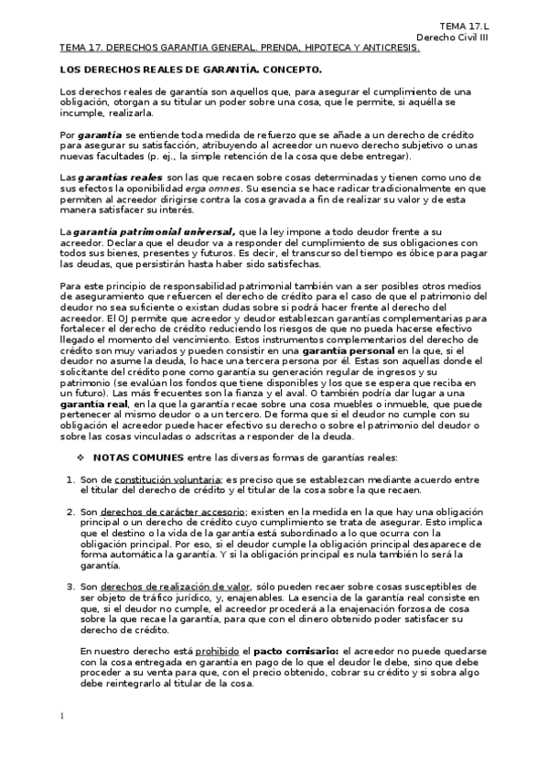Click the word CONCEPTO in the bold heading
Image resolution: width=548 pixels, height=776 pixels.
292,69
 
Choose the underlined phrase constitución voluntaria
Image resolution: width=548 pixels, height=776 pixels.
169,480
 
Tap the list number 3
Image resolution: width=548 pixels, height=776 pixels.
70,587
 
